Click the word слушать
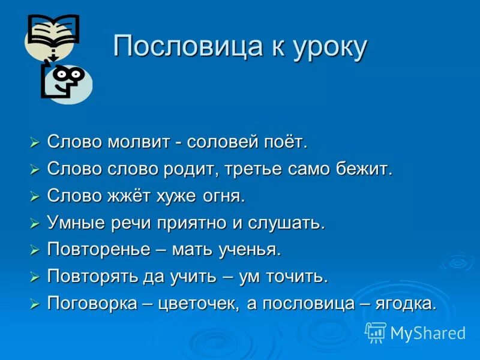click(x=293, y=223)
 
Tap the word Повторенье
click(x=98, y=250)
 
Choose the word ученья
click(x=251, y=250)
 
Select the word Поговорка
click(x=92, y=304)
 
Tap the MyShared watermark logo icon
click(x=376, y=332)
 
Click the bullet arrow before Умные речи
click(x=35, y=224)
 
